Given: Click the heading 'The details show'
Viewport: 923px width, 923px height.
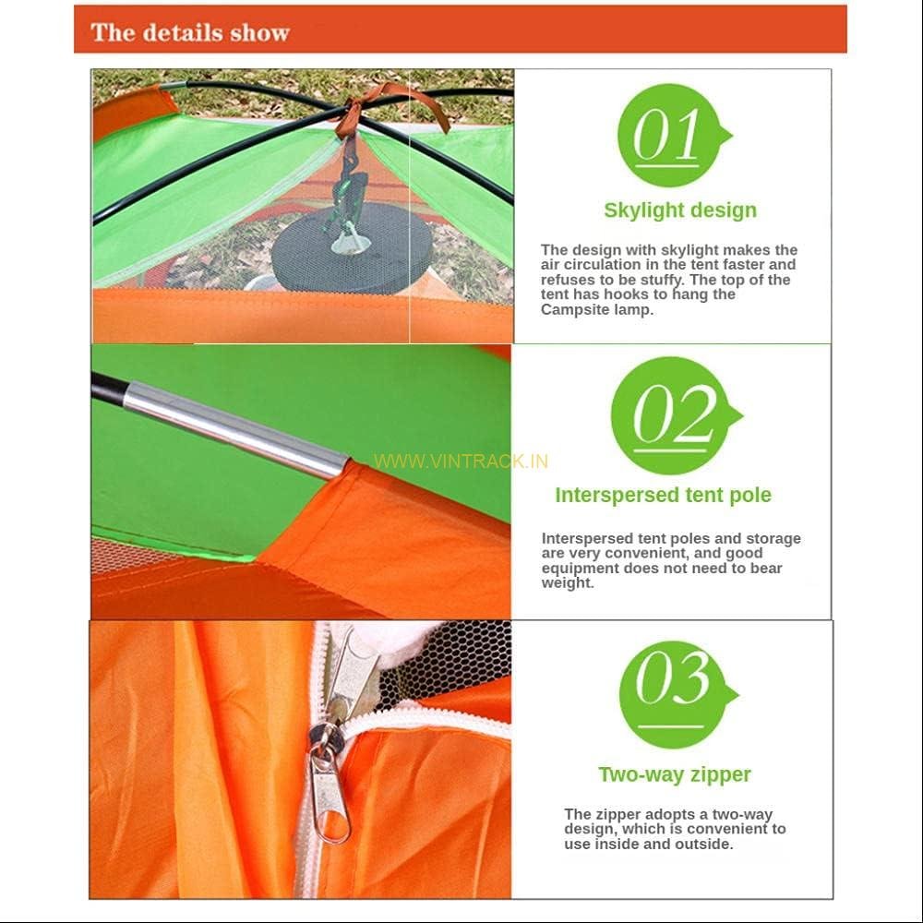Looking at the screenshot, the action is (190, 32).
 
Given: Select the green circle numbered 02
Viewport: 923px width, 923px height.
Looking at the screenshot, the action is (672, 415).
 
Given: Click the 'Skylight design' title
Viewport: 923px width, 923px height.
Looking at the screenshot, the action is (680, 210).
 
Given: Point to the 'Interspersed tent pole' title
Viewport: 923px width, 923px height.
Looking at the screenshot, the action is (663, 495).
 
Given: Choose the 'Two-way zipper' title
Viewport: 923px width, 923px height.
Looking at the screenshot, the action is (675, 774).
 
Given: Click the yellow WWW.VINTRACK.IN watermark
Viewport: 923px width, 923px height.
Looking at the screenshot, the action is (461, 461).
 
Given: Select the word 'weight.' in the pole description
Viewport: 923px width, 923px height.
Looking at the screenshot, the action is (568, 583).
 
